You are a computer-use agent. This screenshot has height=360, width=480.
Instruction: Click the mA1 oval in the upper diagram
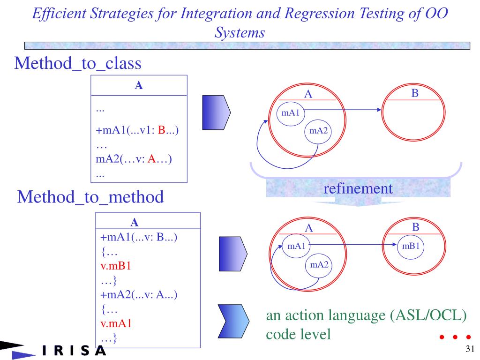[x=291, y=112]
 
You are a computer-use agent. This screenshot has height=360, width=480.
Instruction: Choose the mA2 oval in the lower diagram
[x=318, y=265]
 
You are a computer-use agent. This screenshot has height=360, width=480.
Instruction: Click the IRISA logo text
[x=74, y=351]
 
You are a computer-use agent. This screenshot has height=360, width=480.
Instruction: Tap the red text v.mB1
[x=117, y=267]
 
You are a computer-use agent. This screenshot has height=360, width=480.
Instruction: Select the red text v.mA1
[x=117, y=323]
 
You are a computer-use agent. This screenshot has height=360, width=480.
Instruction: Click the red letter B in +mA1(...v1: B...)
[x=161, y=130]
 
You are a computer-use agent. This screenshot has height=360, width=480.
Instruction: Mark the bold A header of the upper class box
[x=139, y=86]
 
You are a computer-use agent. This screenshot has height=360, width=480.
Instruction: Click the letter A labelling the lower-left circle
[x=308, y=228]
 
